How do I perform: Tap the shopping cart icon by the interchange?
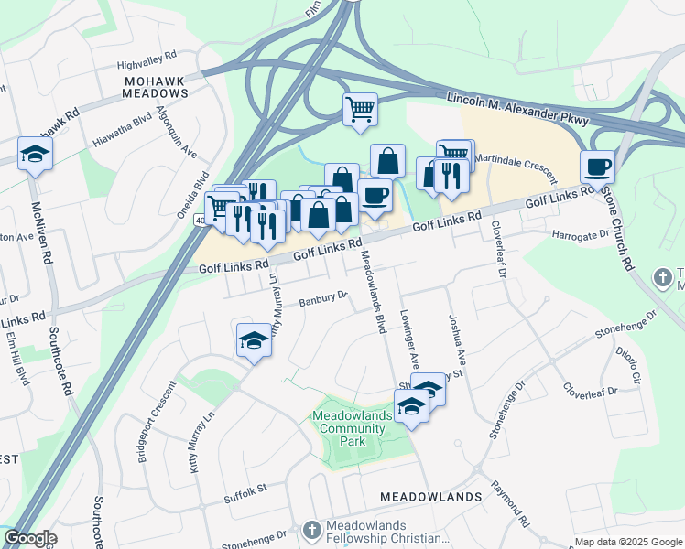pos(361,109)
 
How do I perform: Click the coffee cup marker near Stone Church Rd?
pos(597,167)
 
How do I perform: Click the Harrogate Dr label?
pos(580,234)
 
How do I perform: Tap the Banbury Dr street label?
pos(324,297)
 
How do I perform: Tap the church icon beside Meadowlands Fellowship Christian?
pos(312,530)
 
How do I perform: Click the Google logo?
pos(31,538)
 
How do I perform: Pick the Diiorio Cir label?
pos(629,363)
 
